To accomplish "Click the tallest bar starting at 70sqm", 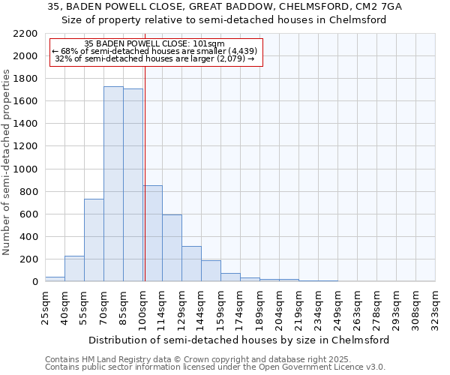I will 113,184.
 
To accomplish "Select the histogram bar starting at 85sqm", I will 133,185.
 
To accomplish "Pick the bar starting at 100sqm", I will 153,233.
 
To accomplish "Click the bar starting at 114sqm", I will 172,247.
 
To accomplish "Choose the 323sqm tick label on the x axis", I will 435,307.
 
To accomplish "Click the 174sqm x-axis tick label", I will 240,307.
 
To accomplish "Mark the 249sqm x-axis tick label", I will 337,307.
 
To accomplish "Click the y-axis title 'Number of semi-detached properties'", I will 7,162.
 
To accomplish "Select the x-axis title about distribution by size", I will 239,340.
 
